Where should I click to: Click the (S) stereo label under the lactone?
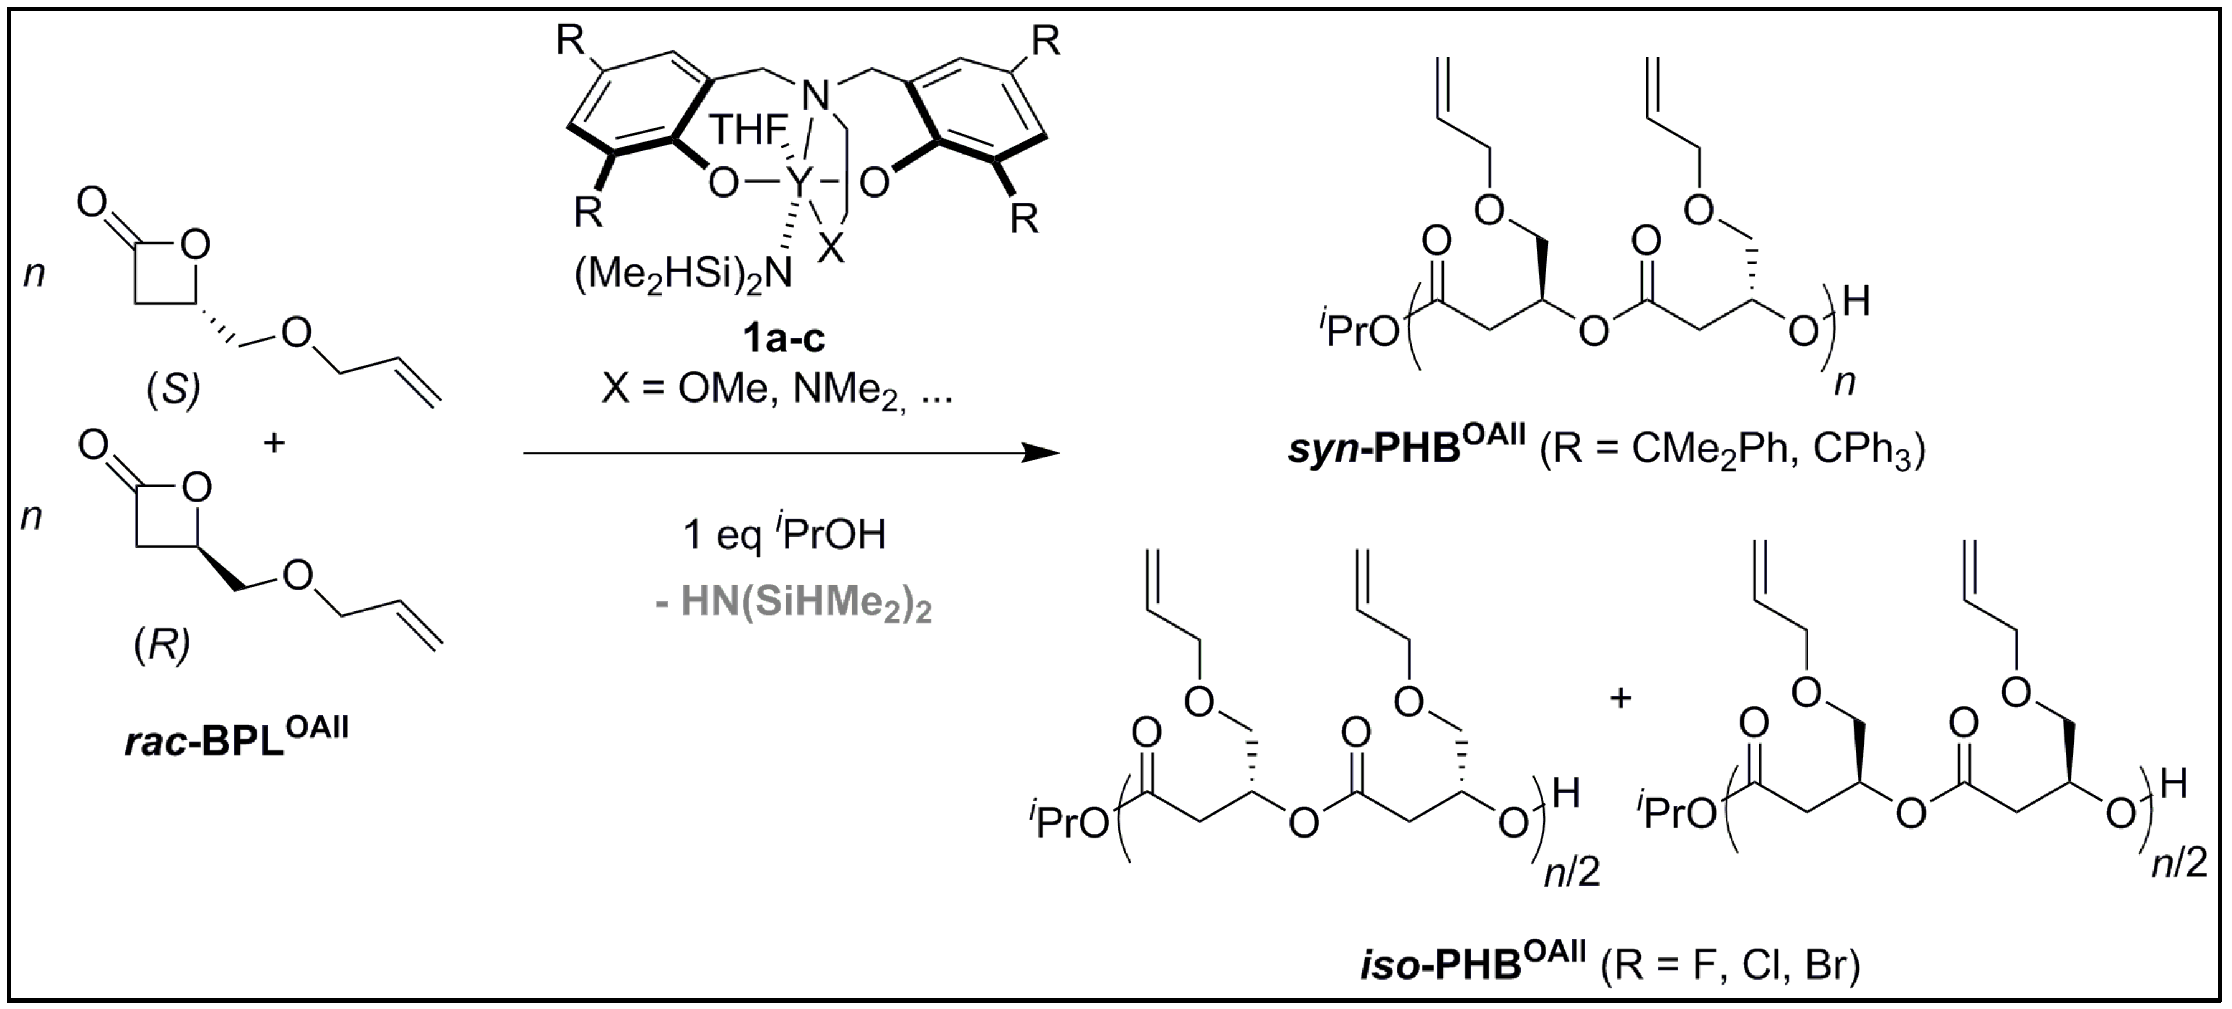coord(173,390)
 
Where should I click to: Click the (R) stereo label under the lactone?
coord(163,643)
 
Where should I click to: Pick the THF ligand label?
coord(749,131)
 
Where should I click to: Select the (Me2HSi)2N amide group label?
coord(683,275)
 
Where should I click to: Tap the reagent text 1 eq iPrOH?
coord(784,535)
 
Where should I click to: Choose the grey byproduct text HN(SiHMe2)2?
coord(793,603)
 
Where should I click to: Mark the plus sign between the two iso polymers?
coord(1620,697)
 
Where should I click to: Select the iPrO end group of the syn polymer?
coord(1358,330)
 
